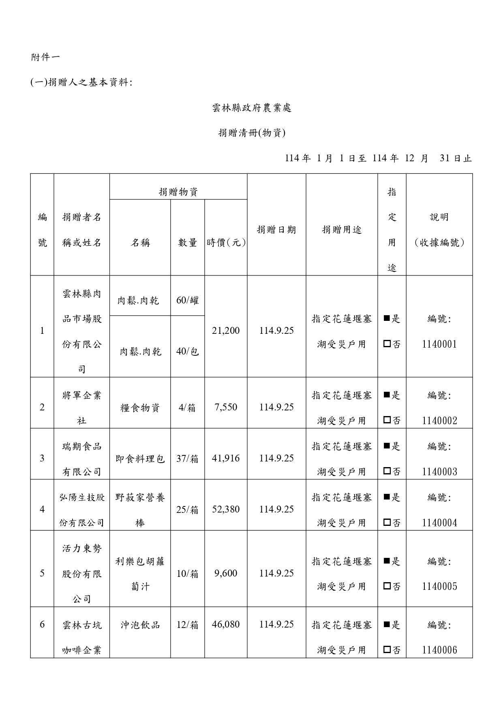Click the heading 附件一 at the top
(45, 58)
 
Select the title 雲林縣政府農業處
(252, 108)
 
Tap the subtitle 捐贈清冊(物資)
(252, 133)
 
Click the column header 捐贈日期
(276, 230)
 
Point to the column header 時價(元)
(226, 243)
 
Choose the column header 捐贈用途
(342, 230)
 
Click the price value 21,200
(226, 331)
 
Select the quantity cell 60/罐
(188, 301)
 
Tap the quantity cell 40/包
(188, 351)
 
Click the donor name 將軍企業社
(82, 407)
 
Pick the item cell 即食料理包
(140, 459)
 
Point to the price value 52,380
(226, 509)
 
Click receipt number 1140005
(439, 587)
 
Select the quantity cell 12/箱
(188, 625)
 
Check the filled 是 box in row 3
(387, 446)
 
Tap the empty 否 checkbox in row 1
(387, 344)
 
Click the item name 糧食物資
(140, 408)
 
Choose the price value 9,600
(226, 573)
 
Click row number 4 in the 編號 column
(42, 509)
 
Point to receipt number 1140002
(439, 421)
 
